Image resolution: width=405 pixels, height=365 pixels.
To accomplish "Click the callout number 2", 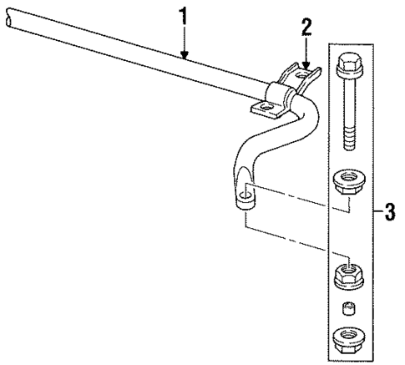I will tap(306, 27).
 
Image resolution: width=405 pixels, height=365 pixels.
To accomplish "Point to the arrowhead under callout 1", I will tap(185, 57).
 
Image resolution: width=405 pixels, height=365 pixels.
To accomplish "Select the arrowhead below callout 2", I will tap(306, 64).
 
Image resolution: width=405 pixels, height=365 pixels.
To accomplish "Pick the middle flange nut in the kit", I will tap(348, 275).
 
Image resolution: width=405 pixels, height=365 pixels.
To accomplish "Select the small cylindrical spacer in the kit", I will tap(348, 309).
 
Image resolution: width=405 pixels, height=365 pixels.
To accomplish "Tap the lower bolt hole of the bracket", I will tap(266, 107).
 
